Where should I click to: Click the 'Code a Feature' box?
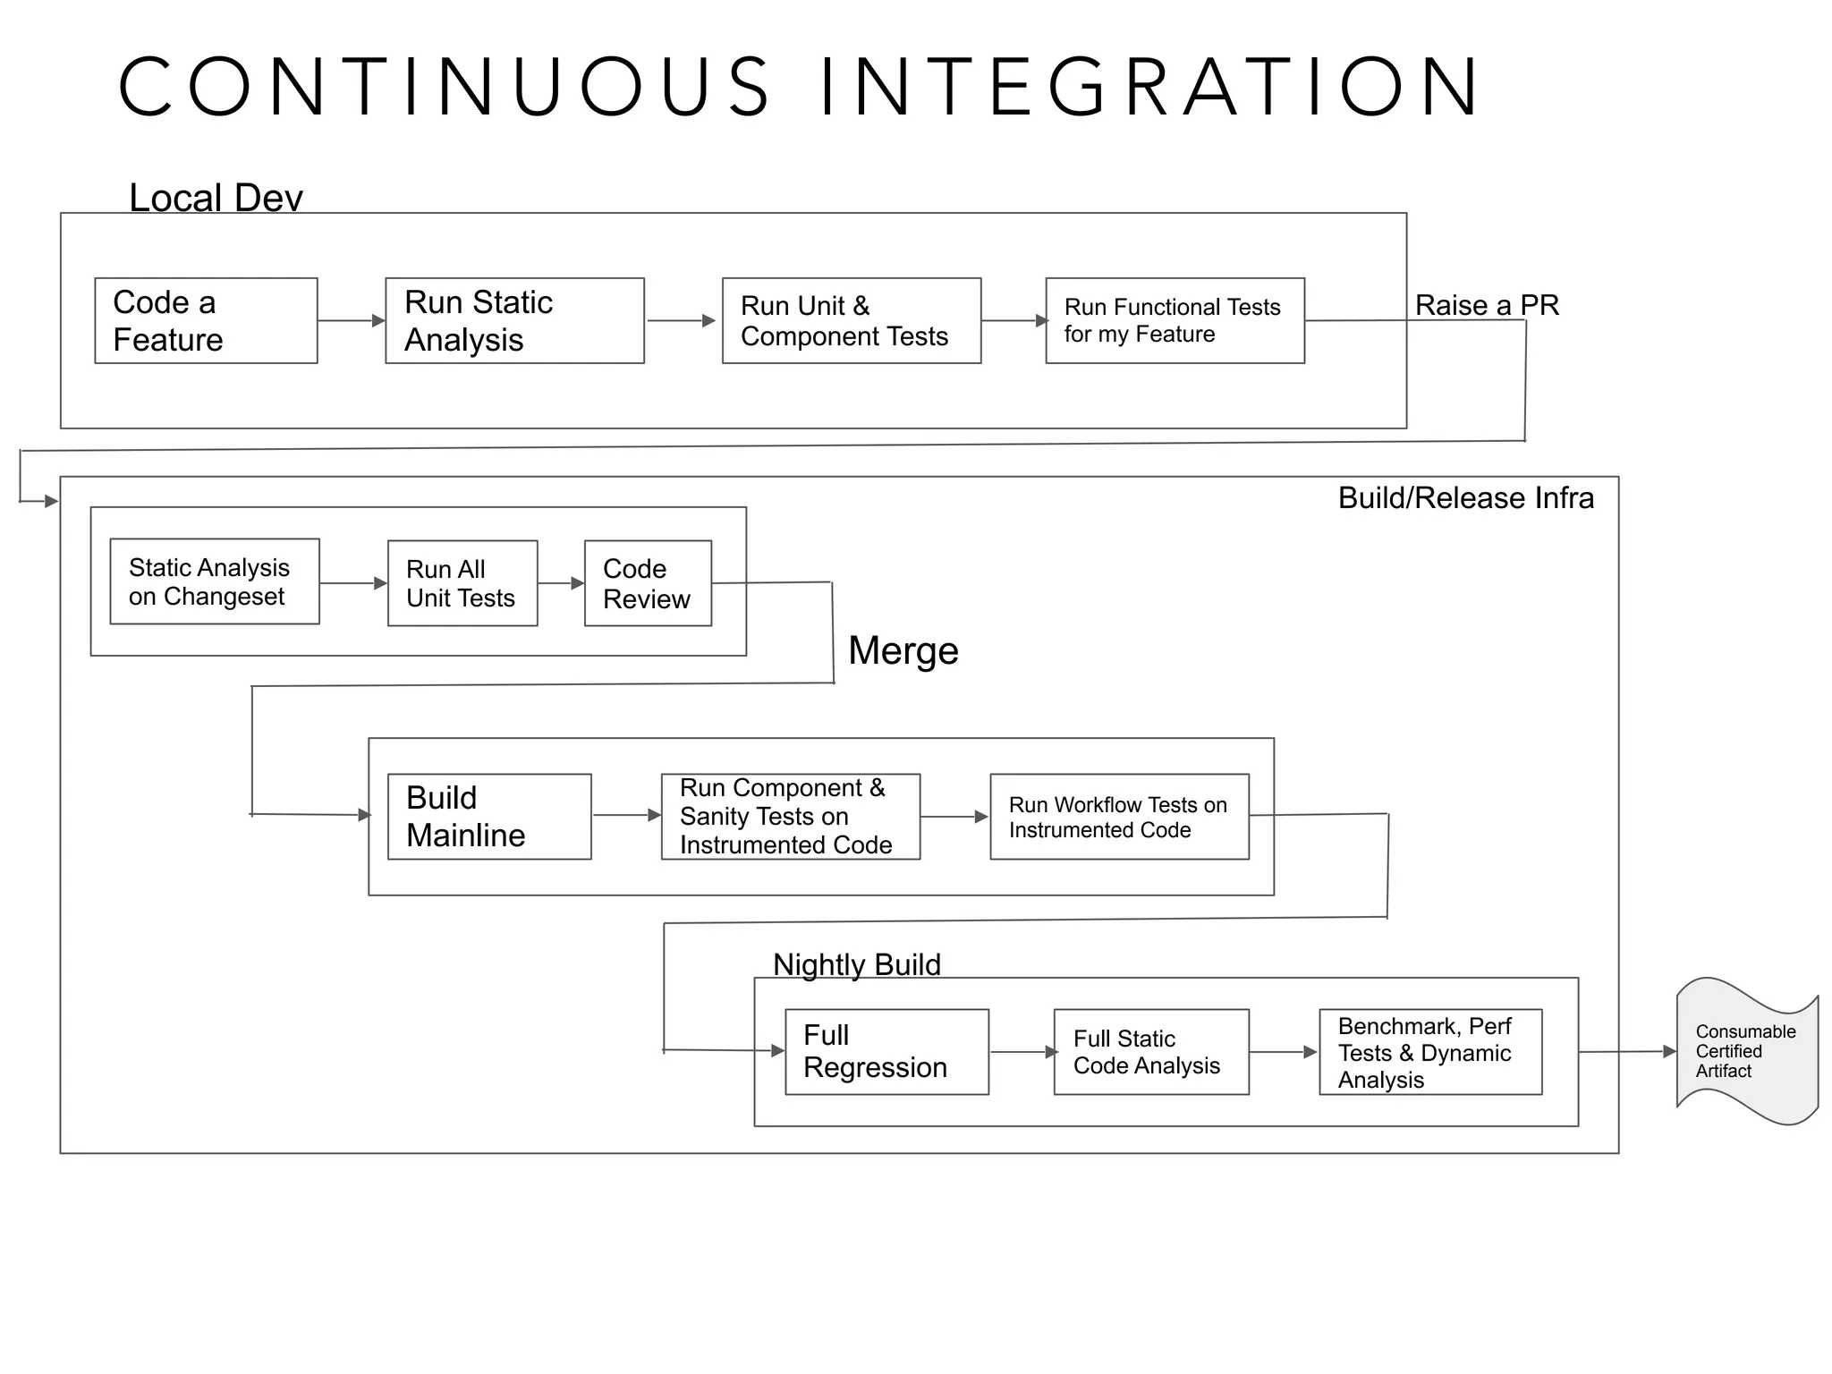tap(206, 320)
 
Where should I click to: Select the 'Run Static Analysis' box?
tap(514, 320)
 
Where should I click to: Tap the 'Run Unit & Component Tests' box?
tap(851, 320)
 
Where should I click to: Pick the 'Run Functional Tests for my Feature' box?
tap(1175, 320)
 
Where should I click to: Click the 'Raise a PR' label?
tap(1486, 305)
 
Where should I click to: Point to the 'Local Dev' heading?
tap(216, 198)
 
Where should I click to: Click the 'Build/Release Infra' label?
tap(1465, 498)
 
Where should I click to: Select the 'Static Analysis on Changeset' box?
tap(214, 581)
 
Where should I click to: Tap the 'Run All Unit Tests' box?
tap(462, 583)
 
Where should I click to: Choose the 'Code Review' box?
tap(648, 583)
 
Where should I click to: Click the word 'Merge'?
tap(903, 650)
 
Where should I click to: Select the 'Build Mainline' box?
tap(488, 817)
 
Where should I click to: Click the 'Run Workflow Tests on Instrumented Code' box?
tap(1119, 817)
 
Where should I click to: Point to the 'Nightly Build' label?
tap(856, 964)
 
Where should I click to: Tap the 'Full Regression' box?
tap(886, 1052)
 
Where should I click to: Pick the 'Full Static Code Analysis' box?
tap(1150, 1052)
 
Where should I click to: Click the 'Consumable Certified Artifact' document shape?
tap(1745, 1052)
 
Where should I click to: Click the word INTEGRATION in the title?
tap(1149, 87)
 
